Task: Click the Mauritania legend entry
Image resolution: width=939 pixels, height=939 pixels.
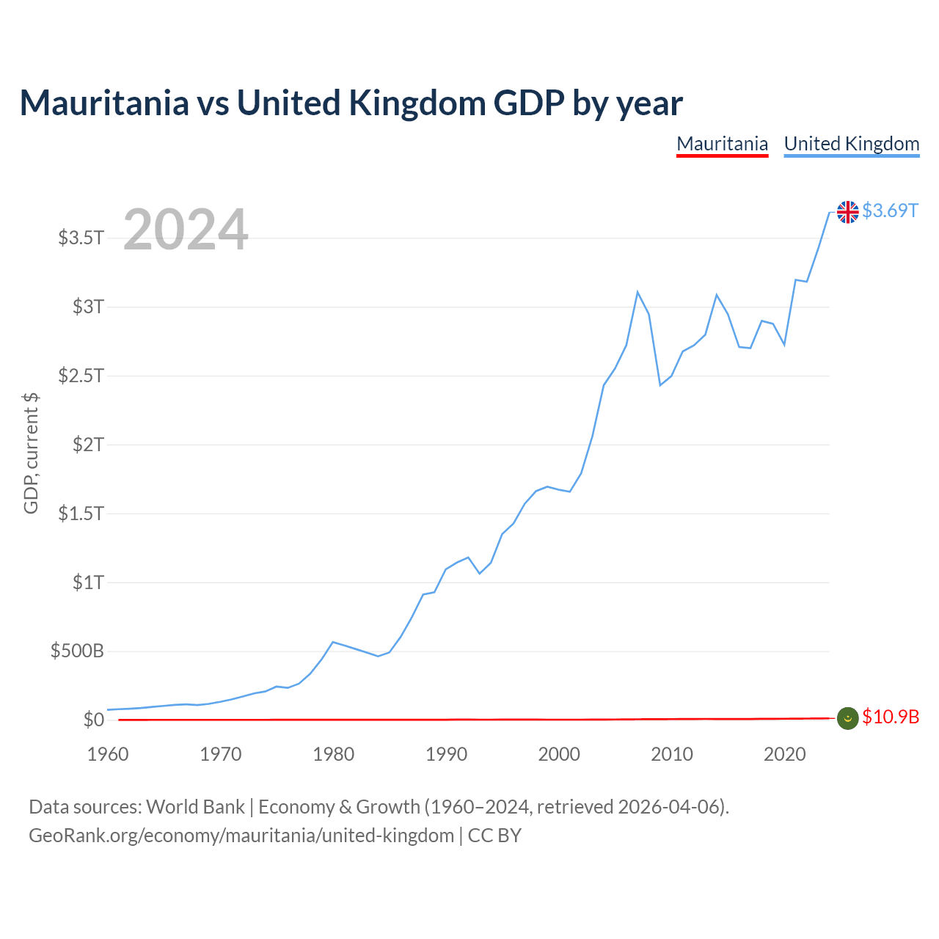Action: tap(722, 145)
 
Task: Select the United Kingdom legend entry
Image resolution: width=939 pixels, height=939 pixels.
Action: tap(851, 145)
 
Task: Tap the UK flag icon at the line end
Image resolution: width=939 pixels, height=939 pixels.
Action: tap(847, 212)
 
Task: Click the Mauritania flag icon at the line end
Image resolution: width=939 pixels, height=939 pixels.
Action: tap(847, 718)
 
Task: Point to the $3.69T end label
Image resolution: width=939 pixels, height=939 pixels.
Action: tap(890, 211)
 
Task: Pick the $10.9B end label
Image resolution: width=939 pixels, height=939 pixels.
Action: tap(891, 717)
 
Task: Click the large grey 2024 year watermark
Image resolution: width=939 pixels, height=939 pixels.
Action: tap(186, 229)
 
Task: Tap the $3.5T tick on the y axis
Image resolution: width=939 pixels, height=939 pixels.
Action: tap(81, 238)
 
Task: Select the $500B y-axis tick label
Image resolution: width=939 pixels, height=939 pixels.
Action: tap(77, 651)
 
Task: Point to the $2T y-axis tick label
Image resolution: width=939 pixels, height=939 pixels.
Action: tap(88, 445)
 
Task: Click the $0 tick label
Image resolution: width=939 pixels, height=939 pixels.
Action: tap(94, 719)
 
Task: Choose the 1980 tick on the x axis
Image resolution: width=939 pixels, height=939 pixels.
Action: tap(333, 754)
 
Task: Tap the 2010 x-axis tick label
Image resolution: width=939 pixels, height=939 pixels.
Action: tap(671, 754)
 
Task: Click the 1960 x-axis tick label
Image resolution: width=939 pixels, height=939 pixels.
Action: tap(108, 754)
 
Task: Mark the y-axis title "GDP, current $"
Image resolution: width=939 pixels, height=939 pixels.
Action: tap(31, 453)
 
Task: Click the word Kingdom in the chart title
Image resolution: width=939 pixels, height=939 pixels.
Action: tap(417, 103)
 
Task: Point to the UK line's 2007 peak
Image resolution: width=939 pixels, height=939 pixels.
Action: tap(637, 292)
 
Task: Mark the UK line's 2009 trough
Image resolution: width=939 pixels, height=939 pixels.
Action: tap(660, 385)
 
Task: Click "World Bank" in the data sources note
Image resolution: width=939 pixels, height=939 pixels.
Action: tap(195, 807)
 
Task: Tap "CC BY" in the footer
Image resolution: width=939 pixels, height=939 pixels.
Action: tap(494, 836)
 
